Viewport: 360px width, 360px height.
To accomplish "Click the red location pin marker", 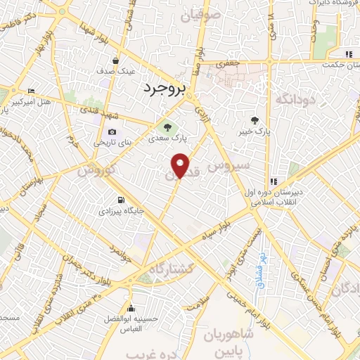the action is coord(181,166).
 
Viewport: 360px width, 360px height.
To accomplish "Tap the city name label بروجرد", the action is coord(162,89).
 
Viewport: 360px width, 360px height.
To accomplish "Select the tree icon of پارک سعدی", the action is coord(167,127).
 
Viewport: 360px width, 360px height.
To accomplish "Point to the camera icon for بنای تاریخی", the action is coord(112,131).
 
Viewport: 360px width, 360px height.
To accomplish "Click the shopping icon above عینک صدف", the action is coord(124,60).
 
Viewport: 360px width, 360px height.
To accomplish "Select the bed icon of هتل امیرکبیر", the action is coord(30,91).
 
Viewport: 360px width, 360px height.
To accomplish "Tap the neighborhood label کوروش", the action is coord(94,169).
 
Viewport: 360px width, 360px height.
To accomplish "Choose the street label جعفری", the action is coord(229,63).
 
